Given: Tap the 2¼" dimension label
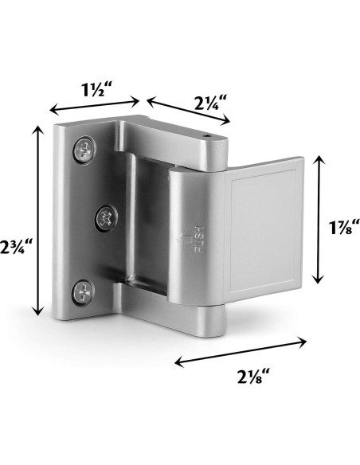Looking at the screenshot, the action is click(210, 102).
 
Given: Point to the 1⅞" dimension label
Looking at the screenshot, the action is click(344, 228).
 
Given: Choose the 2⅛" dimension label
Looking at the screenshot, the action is click(253, 376).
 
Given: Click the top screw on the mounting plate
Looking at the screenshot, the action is click(84, 150).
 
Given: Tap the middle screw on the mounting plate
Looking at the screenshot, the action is click(106, 218).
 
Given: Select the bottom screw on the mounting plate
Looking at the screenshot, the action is click(84, 292).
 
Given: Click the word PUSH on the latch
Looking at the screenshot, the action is click(199, 239).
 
